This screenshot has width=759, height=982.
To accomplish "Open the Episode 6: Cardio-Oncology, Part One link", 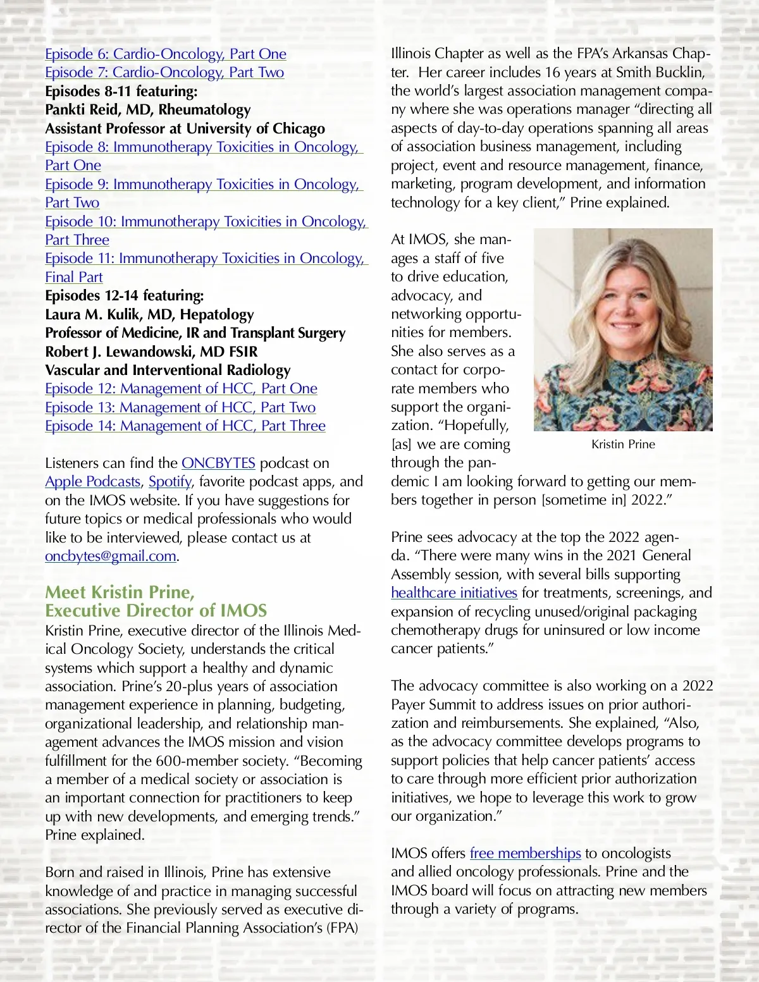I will (166, 54).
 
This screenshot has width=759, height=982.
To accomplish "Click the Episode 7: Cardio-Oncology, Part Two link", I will (164, 73).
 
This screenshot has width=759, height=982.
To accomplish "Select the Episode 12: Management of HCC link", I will (181, 389).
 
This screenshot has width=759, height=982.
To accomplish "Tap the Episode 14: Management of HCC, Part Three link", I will (185, 426).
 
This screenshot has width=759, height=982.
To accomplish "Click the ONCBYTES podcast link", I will (218, 463).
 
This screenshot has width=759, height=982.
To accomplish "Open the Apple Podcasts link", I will (92, 482).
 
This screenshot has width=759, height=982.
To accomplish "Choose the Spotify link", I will (170, 482).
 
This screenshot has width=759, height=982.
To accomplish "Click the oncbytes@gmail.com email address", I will (111, 556).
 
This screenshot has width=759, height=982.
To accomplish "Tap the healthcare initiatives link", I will (454, 593).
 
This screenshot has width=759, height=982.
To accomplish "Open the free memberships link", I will (525, 854).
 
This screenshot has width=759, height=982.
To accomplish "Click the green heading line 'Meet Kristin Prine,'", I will (120, 592).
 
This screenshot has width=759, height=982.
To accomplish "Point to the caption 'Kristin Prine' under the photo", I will (623, 445).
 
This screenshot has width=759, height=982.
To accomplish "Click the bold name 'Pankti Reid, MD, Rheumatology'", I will (148, 110).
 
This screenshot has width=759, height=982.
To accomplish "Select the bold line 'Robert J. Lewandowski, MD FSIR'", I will (151, 352).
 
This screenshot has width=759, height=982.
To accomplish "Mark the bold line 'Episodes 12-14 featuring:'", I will (125, 296).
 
